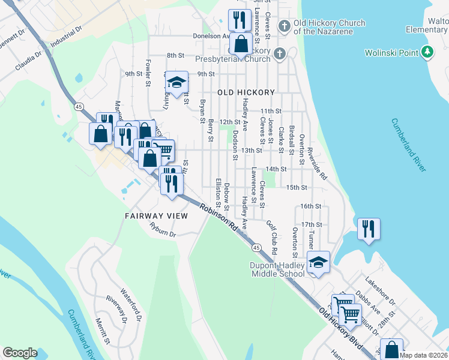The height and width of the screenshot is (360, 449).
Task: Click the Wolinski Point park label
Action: click(x=391, y=53)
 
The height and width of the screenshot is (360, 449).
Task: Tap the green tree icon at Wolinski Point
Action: click(x=427, y=53)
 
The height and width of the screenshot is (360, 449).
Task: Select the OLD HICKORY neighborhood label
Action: click(x=246, y=92)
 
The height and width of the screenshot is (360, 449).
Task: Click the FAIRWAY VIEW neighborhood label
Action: click(x=156, y=215)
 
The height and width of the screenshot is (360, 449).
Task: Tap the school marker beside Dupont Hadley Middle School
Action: click(x=318, y=262)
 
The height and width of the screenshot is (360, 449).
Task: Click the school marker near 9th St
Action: click(x=176, y=83)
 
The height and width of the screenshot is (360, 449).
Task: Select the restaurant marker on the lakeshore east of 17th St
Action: click(x=368, y=229)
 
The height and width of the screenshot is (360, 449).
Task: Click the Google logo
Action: click(x=20, y=353)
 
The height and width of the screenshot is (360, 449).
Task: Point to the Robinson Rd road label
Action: click(x=218, y=217)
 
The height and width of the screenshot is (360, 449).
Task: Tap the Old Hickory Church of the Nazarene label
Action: click(x=329, y=27)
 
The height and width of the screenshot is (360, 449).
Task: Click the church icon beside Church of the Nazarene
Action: click(x=285, y=26)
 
